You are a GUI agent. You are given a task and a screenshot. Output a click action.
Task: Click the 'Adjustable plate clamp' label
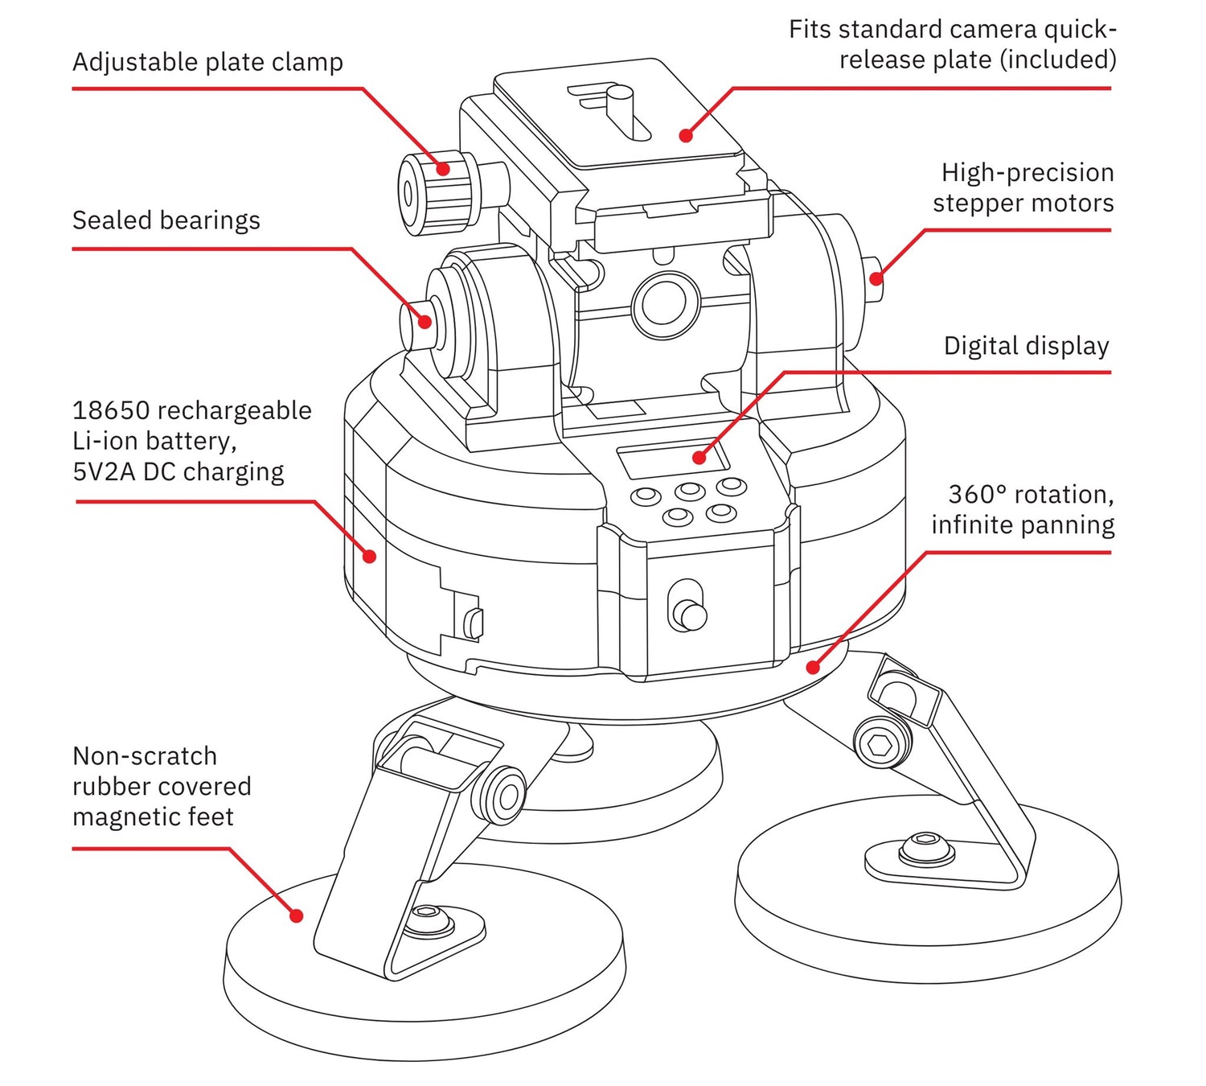[x=207, y=62]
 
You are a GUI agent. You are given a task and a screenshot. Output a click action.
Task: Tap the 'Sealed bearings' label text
[x=166, y=220]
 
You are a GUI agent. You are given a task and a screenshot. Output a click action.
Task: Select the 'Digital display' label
[x=1026, y=346]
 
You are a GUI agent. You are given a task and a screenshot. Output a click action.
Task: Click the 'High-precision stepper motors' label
[x=1023, y=187]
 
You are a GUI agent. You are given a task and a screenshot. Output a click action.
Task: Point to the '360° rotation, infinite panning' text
[x=1023, y=509]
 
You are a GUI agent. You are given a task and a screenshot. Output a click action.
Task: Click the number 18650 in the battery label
[x=111, y=410]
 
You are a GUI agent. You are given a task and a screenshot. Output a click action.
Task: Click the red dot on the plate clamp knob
[x=443, y=169]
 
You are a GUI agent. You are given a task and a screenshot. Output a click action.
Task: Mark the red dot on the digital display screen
[x=699, y=458]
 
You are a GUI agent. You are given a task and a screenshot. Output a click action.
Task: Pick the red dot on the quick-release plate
[x=686, y=136]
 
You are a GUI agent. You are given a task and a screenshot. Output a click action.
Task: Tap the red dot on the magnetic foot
[x=296, y=915]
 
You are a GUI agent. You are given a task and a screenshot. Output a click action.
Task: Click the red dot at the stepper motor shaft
[x=876, y=279]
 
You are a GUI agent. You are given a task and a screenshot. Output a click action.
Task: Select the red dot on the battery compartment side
[x=370, y=556]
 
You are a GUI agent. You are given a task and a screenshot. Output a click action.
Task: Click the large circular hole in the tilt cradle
[x=665, y=304]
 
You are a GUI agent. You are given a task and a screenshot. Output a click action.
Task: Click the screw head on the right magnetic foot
[x=925, y=847]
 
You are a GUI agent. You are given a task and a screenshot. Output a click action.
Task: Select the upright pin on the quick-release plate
[x=621, y=109]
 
